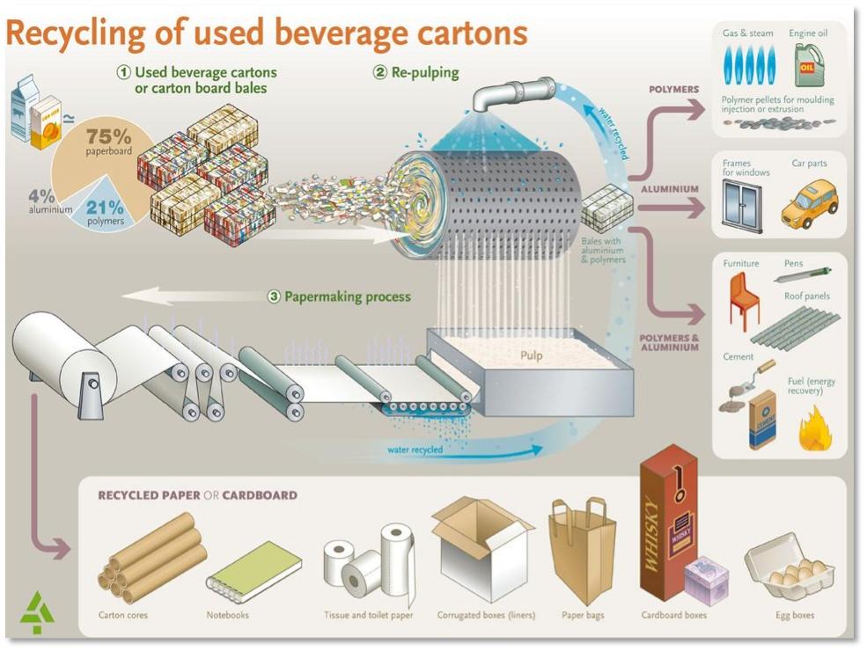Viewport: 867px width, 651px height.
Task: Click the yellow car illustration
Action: click(809, 204)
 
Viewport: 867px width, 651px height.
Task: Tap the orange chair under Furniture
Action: click(742, 299)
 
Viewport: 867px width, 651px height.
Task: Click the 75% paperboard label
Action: click(108, 143)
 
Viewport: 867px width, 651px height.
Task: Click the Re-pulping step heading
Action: click(415, 72)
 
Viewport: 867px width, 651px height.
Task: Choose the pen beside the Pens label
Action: click(803, 274)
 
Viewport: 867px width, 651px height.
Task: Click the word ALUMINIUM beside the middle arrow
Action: click(670, 189)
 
